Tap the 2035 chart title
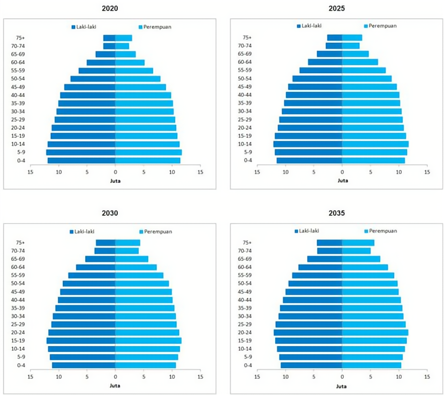337,213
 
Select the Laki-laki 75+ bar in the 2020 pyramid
109,38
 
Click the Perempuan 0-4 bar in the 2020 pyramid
147,160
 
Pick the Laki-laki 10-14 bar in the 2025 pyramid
308,144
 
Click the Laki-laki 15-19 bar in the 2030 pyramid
81,341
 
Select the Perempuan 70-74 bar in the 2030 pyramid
127,251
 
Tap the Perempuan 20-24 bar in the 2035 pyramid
375,333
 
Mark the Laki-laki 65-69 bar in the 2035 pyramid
325,259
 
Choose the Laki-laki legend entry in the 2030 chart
86,232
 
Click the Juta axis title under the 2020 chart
115,181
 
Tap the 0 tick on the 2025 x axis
342,172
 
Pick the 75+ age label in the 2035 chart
247,243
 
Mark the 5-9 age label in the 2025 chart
248,152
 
